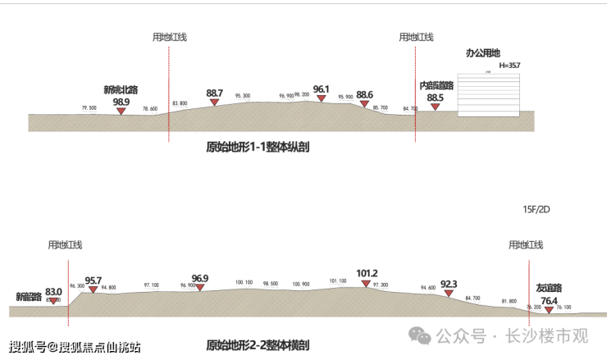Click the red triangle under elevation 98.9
(x=121, y=111)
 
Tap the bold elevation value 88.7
(x=215, y=93)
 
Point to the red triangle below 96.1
(x=322, y=99)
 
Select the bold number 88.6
(x=365, y=94)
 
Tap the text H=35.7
(x=509, y=65)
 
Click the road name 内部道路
(x=436, y=85)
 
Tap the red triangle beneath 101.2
(x=366, y=284)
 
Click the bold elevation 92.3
(x=449, y=284)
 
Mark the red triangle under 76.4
(x=549, y=310)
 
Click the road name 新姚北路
(x=121, y=89)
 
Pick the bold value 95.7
(x=94, y=280)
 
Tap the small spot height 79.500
(x=89, y=108)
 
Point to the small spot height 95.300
(x=243, y=96)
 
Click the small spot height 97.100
(x=152, y=285)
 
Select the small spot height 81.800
(x=508, y=301)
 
